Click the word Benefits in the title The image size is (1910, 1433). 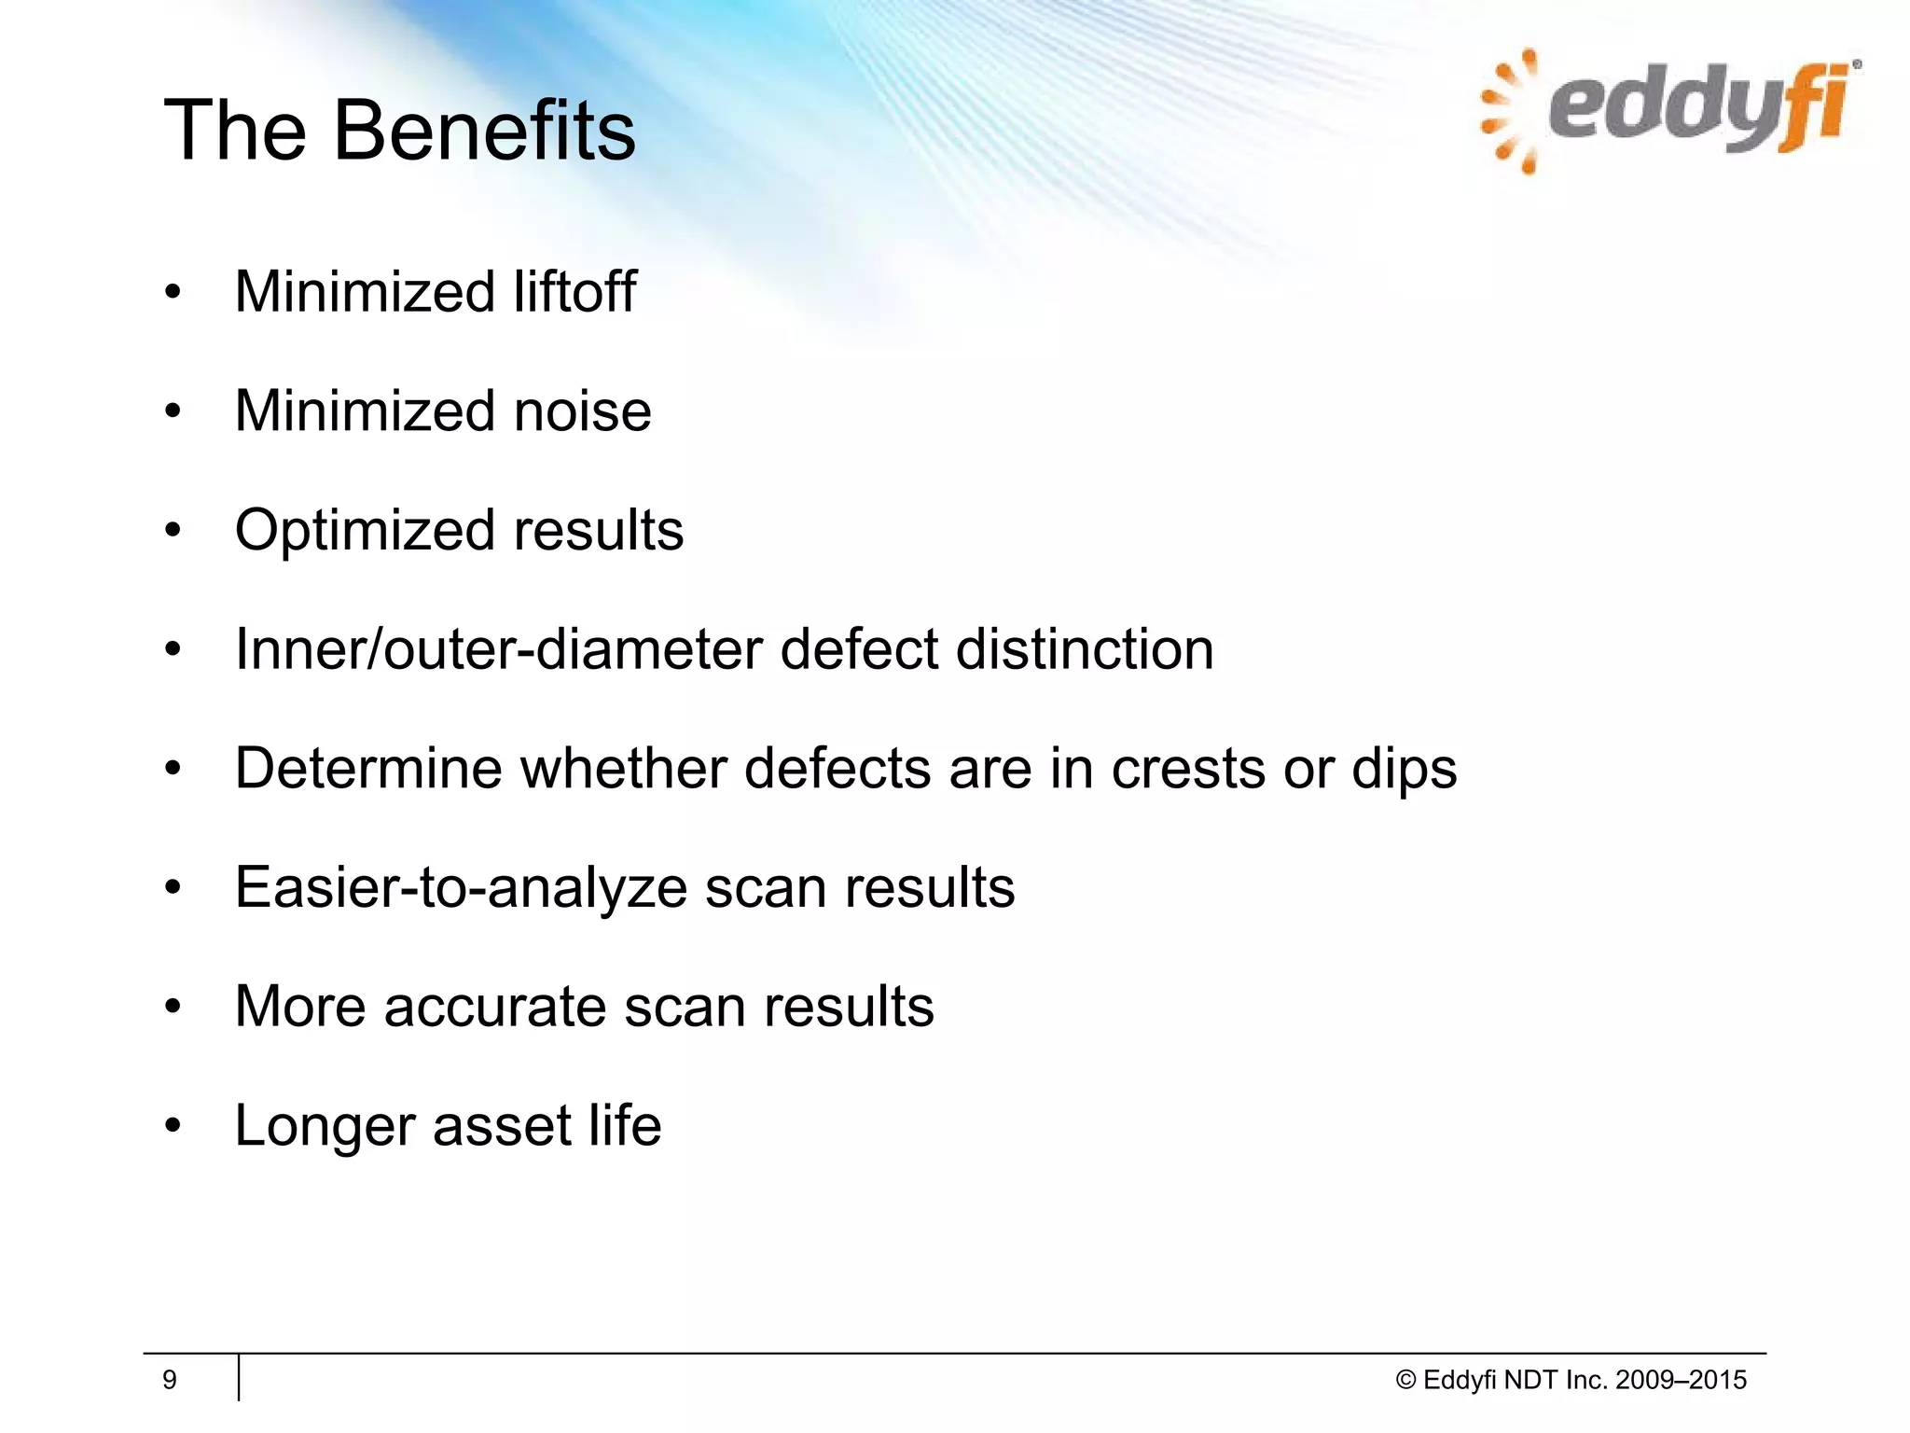click(x=484, y=131)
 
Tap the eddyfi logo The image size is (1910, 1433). click(x=1669, y=112)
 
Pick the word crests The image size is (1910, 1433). click(x=1188, y=769)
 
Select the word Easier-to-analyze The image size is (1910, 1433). click(x=461, y=888)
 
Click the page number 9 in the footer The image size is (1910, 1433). click(x=170, y=1380)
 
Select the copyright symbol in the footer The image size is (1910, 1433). click(x=1405, y=1381)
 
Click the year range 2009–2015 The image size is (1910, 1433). click(x=1681, y=1381)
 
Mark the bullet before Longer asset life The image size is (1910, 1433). click(x=172, y=1127)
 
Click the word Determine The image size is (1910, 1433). click(x=368, y=769)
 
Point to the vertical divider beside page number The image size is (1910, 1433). click(x=239, y=1378)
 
